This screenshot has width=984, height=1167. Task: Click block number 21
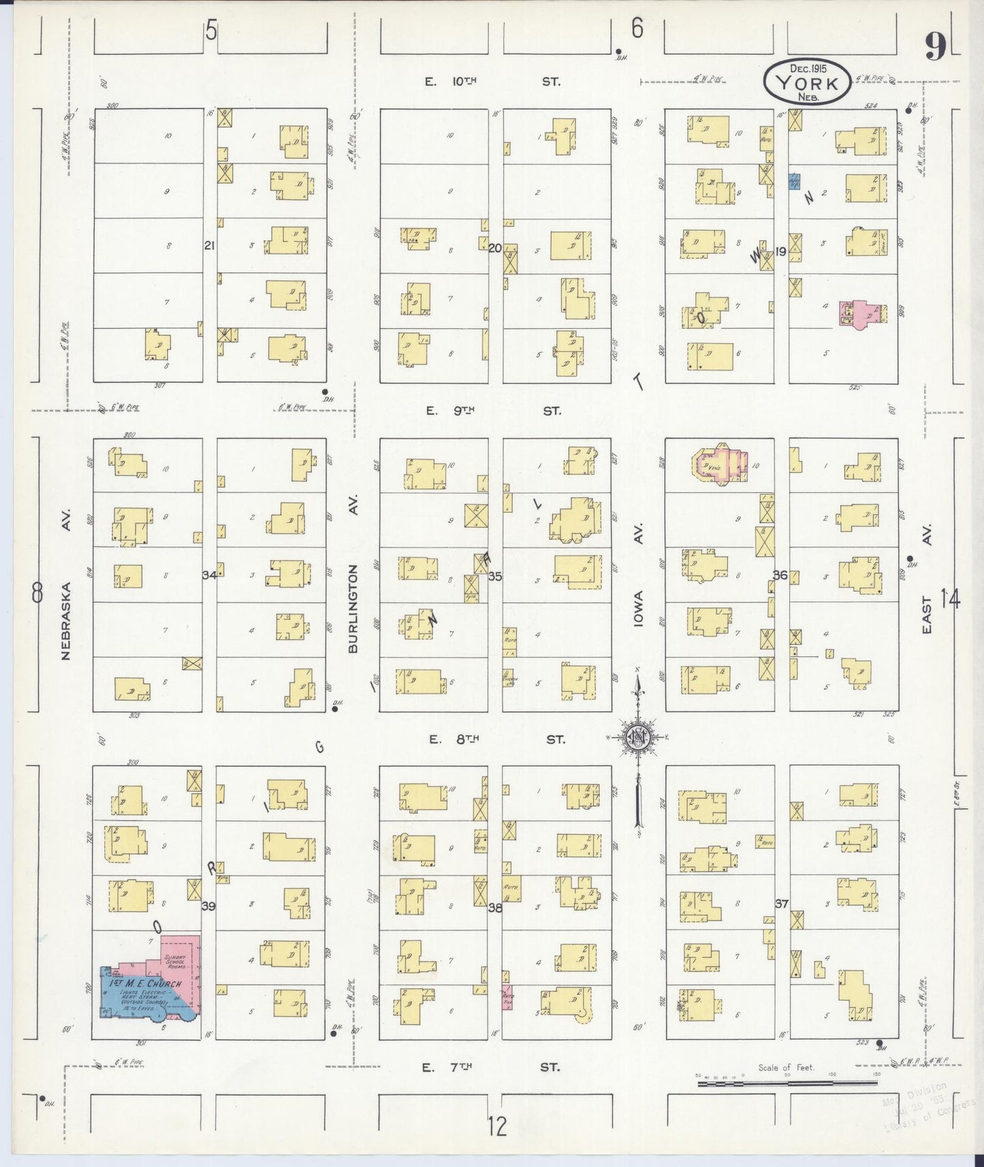pyautogui.click(x=209, y=245)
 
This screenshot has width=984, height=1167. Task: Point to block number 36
pyautogui.click(x=780, y=575)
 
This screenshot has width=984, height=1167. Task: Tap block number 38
pyautogui.click(x=494, y=906)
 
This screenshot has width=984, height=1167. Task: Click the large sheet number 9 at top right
pyautogui.click(x=936, y=48)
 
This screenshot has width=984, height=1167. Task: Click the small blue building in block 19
pyautogui.click(x=793, y=181)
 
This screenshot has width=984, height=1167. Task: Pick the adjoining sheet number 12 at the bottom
pyautogui.click(x=497, y=1127)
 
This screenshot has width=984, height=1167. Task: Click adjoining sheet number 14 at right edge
pyautogui.click(x=950, y=599)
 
